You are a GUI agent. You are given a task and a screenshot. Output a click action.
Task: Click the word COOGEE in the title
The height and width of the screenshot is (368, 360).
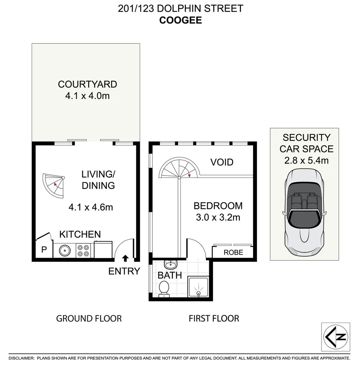(181, 20)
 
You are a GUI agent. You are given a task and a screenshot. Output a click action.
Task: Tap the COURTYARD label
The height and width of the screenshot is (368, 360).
(87, 84)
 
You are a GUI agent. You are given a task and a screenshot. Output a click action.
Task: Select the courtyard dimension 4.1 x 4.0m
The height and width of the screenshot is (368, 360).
(87, 96)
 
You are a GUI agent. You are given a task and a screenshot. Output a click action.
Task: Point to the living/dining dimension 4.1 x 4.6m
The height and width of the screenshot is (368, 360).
(90, 207)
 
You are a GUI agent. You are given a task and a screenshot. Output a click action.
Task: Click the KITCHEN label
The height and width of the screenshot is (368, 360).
(80, 234)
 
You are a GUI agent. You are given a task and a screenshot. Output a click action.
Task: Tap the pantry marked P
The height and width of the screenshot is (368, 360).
(44, 250)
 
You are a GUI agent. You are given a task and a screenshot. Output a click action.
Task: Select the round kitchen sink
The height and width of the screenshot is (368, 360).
(64, 251)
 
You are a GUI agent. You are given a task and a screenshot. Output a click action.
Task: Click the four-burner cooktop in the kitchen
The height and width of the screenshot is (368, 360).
(82, 250)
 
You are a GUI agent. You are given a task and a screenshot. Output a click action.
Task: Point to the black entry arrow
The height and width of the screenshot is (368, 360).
(125, 258)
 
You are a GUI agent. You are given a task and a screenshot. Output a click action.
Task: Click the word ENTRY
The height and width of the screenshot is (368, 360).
(124, 271)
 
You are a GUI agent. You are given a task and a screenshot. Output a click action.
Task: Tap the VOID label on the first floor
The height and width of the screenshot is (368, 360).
(222, 162)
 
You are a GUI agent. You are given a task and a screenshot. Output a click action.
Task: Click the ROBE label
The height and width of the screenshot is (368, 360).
(233, 252)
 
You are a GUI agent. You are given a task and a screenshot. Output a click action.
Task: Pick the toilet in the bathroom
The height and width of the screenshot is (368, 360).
(164, 288)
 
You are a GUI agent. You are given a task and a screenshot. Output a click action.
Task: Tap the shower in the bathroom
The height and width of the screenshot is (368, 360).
(198, 288)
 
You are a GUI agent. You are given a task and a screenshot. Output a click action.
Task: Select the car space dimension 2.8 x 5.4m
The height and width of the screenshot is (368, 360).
(306, 160)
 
